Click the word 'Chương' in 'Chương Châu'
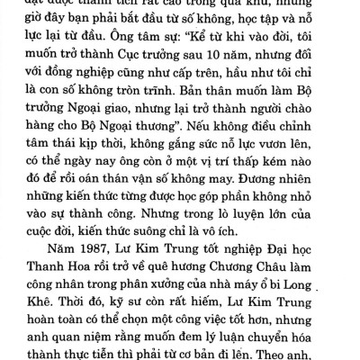click(x=230, y=270)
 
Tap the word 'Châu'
click(x=281, y=270)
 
